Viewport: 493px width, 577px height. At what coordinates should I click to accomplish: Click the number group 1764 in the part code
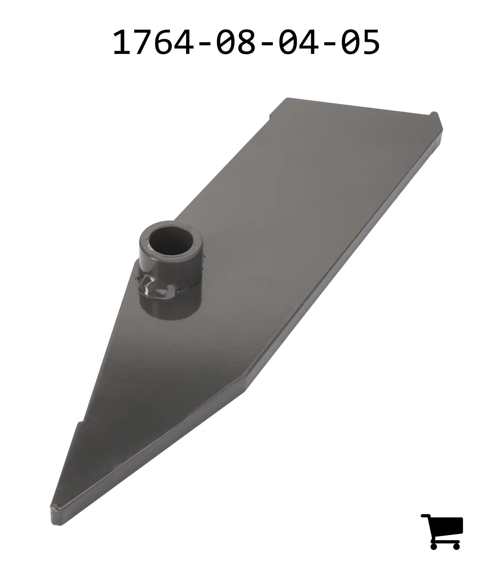[x=153, y=43]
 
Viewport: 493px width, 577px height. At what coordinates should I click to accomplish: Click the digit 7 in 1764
[x=144, y=43]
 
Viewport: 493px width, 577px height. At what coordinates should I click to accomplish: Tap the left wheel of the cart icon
[x=434, y=546]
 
